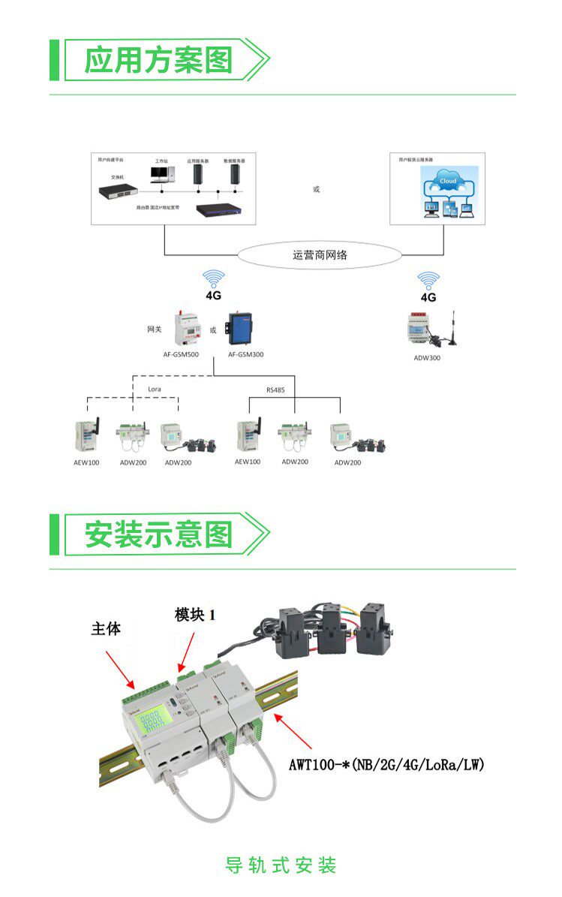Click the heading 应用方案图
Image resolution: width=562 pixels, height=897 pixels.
158,59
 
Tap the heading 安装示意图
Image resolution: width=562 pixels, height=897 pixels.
158,534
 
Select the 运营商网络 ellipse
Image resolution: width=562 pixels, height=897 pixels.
320,255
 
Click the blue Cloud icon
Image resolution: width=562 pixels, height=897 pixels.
448,182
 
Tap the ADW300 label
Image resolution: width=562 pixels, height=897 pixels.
427,358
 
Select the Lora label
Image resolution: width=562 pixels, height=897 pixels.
154,390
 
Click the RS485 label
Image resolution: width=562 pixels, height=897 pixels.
276,390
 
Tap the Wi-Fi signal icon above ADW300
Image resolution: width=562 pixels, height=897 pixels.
428,281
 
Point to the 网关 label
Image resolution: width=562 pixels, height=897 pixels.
154,329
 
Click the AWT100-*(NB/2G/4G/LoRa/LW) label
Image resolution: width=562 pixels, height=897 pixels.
387,765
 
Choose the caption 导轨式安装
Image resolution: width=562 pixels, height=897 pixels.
281,865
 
